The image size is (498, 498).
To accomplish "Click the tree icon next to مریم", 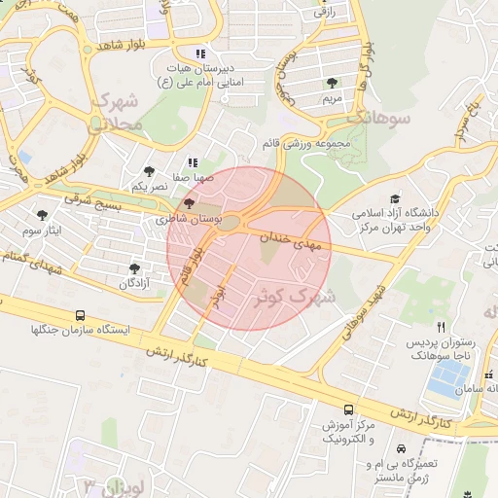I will pos(333,83).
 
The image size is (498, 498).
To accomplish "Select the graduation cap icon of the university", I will pos(394,197).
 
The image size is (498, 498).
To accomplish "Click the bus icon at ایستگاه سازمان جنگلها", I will pos(80,316).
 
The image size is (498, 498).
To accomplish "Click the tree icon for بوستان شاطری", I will pos(189,204).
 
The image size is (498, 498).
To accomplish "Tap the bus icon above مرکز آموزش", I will pos(348,409).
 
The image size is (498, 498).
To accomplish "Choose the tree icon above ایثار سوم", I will pos(42,213).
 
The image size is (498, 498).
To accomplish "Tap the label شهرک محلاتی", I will pos(118,112).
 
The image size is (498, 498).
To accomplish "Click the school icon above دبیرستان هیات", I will pos(199,53).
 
